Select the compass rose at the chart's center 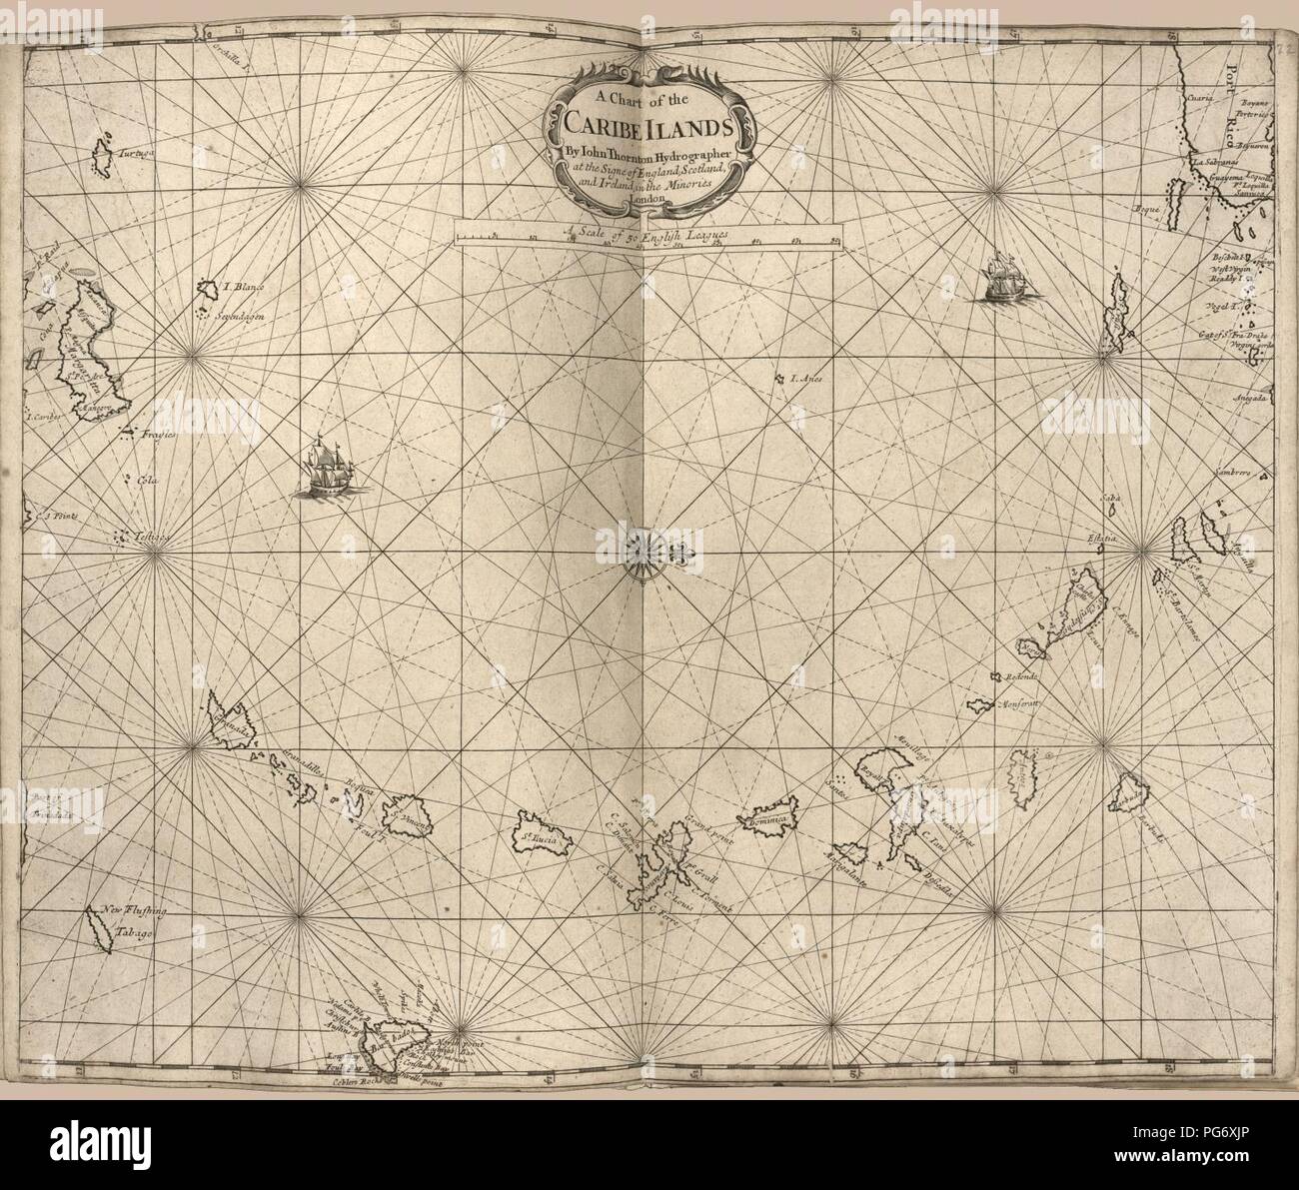click(640, 551)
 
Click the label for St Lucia click(537, 830)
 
